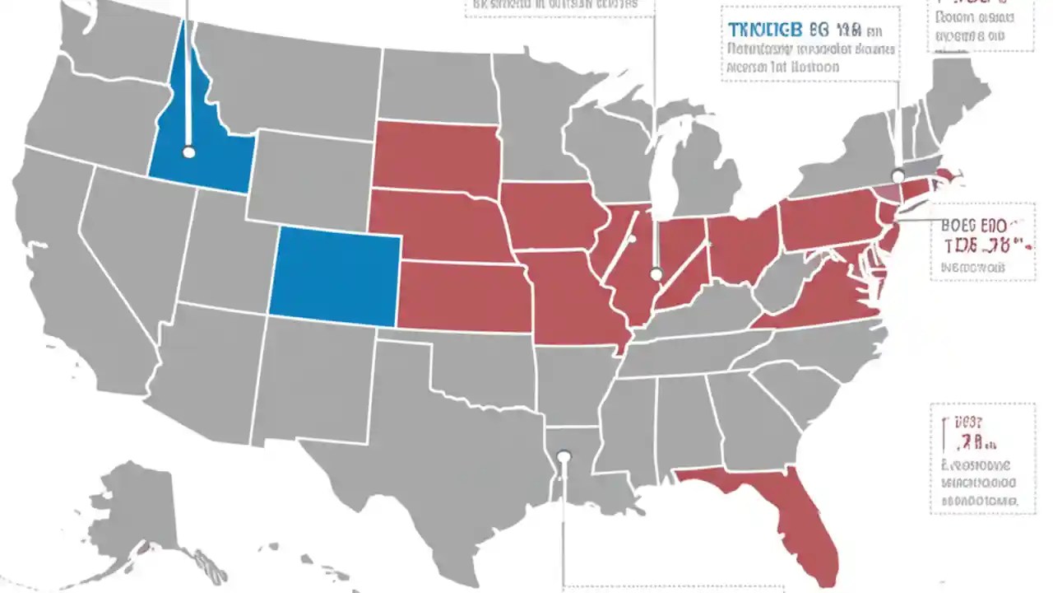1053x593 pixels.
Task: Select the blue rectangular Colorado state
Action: click(x=335, y=276)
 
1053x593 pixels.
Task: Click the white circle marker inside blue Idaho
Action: click(x=188, y=152)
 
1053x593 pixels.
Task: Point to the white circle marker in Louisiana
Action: click(x=564, y=455)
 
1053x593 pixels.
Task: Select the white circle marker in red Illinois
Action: click(x=656, y=274)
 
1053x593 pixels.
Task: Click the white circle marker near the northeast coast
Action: click(x=898, y=175)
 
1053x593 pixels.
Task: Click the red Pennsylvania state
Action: click(x=827, y=218)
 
